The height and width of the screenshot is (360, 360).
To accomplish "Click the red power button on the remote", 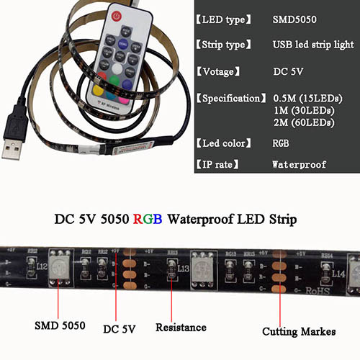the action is pos(117,17).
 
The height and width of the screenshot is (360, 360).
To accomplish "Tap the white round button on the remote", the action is pos(117,69).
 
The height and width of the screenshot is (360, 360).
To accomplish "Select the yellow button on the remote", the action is pos(98,91).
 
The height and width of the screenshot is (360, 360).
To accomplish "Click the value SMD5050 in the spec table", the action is pos(294,19).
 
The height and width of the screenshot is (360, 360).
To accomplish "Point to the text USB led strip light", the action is pos(313,45).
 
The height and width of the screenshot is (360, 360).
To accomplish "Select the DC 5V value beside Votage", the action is pos(288,71).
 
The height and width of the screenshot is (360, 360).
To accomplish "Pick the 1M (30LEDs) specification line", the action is pos(305,110).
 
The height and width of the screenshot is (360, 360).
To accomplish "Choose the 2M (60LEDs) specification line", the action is pos(304,122).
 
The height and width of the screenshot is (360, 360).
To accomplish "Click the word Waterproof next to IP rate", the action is pos(300,164).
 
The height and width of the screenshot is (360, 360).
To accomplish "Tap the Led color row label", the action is pos(224,143).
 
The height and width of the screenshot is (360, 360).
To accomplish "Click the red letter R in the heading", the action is pos(138,219).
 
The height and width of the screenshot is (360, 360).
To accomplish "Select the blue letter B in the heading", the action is pos(158,219).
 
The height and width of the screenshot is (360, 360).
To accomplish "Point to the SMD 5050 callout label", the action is pos(60,325).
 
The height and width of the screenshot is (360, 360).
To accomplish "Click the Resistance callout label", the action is pos(181,328).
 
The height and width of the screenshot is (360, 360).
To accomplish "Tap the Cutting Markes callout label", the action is pos(299,332).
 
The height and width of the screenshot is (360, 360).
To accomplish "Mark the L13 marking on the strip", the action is pos(184,269).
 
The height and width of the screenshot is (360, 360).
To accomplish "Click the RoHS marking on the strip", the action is pos(318,291).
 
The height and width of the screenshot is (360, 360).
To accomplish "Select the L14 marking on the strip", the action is pos(338,274).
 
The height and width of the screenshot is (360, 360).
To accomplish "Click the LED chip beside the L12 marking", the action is pos(60,267).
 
